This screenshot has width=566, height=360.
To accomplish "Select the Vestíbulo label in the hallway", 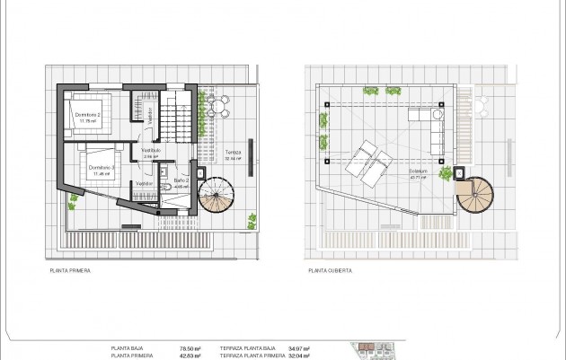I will (x=151, y=151).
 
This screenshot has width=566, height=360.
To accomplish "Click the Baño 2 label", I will (x=181, y=180).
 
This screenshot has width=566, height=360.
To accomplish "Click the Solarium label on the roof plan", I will (x=418, y=171).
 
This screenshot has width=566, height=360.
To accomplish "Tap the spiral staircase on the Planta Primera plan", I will (x=216, y=195).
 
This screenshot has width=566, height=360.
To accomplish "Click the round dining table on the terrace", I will (x=217, y=108).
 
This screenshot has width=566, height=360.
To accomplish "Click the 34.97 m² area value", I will (x=298, y=348).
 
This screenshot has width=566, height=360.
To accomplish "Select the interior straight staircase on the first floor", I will (x=176, y=117).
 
